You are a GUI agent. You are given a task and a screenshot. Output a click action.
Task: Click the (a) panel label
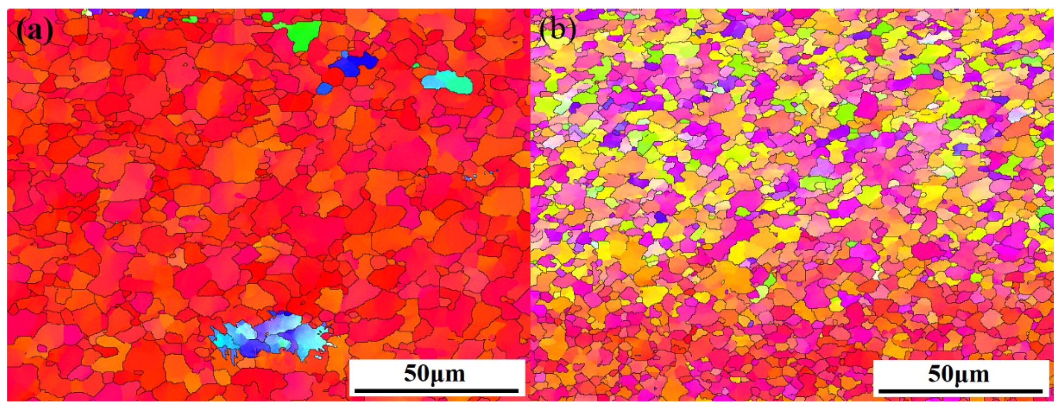[x=35, y=31]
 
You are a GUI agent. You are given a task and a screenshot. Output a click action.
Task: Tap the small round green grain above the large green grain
[x=268, y=17]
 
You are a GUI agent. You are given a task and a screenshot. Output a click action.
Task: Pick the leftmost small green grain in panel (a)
[x=190, y=19]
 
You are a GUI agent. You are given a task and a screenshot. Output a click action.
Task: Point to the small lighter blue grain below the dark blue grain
[x=324, y=88]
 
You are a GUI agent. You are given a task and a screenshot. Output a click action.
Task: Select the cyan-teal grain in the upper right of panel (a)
[x=447, y=82]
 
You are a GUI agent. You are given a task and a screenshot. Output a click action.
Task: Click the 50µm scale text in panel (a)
[x=434, y=374]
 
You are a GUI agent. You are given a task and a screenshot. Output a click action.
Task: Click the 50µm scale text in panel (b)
[x=958, y=374]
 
